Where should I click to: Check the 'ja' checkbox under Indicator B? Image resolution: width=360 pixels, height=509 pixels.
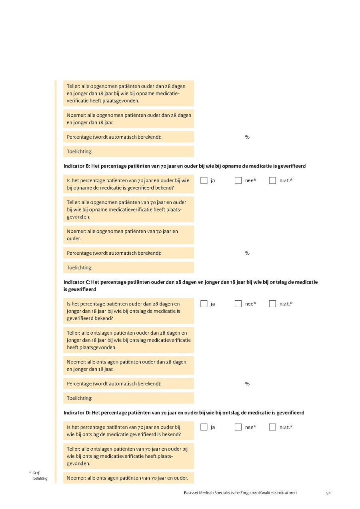click(x=204, y=180)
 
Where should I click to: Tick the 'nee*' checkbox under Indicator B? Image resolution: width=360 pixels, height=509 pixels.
click(x=238, y=180)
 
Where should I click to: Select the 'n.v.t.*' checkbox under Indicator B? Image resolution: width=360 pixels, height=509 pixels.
click(x=272, y=180)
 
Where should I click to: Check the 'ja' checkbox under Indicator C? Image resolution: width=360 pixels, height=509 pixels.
click(x=204, y=304)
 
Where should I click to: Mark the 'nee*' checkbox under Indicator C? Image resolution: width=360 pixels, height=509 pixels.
click(x=238, y=304)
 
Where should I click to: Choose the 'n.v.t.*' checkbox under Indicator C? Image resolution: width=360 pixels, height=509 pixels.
click(x=272, y=304)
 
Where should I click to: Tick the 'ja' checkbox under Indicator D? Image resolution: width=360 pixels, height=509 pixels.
click(x=204, y=427)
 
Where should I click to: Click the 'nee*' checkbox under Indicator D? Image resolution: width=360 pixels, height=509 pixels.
click(x=238, y=427)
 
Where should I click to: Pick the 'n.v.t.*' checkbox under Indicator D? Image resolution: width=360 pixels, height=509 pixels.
click(x=272, y=427)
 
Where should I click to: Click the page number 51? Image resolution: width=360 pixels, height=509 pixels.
click(x=328, y=493)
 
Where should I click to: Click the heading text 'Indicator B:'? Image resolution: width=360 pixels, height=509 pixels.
click(x=77, y=166)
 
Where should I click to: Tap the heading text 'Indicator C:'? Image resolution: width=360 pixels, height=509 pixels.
click(x=77, y=282)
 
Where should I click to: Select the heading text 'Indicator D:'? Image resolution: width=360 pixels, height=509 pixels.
click(x=77, y=413)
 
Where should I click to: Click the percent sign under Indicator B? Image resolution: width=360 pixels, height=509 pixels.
click(x=247, y=253)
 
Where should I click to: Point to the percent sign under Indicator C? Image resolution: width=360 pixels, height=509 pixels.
click(x=247, y=384)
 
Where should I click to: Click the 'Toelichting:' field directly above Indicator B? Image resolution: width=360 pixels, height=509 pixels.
click(x=128, y=152)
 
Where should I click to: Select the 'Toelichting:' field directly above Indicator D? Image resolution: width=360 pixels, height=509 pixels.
click(x=128, y=398)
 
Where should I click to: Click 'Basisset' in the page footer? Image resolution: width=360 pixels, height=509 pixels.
click(x=187, y=493)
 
